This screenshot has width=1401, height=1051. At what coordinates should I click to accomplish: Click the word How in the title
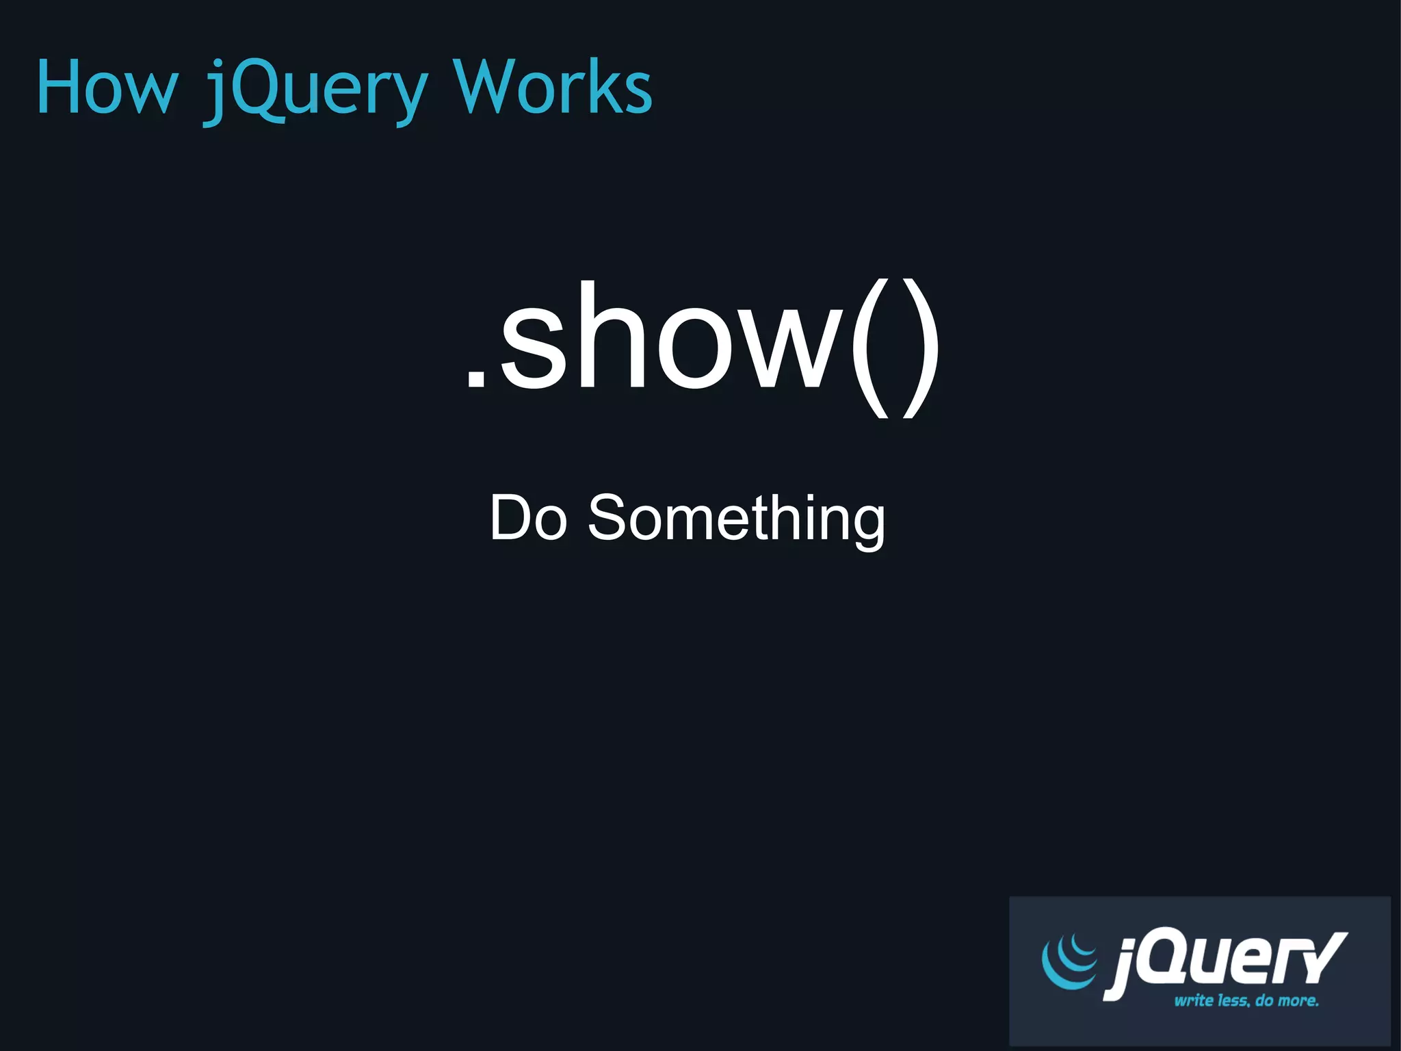107,88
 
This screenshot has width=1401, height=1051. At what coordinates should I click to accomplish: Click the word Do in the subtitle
527,518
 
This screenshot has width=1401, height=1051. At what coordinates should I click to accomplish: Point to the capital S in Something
608,518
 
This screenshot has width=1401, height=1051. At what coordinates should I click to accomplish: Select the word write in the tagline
1193,1000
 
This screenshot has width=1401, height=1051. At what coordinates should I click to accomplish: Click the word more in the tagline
1298,1000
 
